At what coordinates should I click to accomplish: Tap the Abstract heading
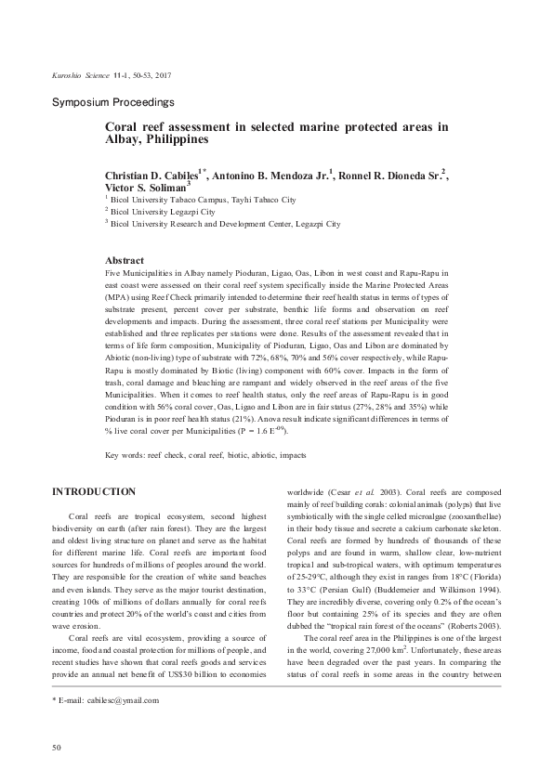pyautogui.click(x=125, y=261)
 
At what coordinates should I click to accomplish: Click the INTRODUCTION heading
pyautogui.click(x=94, y=491)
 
